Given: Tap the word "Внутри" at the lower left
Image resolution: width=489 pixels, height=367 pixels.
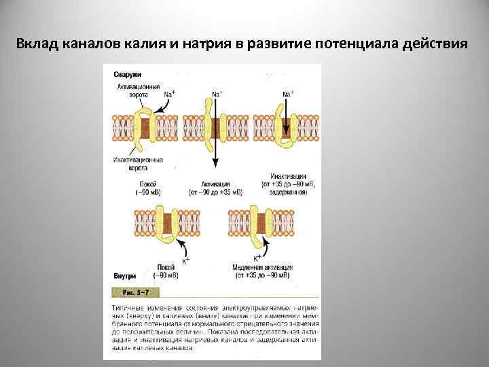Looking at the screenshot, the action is (x=124, y=276).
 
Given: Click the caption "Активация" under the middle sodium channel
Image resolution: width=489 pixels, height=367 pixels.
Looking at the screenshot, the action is (x=216, y=184).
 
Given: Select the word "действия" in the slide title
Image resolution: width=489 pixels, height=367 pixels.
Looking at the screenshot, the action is (x=434, y=45).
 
